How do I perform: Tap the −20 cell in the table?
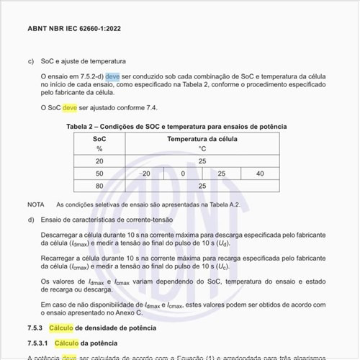point(145,174)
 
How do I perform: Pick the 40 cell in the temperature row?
point(259,174)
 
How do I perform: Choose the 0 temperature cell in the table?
point(183,174)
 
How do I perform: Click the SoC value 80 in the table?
point(99,186)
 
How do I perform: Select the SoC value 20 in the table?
point(99,161)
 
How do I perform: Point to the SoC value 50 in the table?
point(99,174)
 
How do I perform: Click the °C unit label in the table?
point(202,149)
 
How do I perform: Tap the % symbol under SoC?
point(99,149)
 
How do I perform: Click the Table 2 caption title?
point(176,126)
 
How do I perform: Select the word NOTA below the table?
point(36,204)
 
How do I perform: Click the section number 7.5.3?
point(37,328)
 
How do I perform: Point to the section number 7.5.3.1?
point(40,343)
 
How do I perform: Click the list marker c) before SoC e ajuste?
point(31,61)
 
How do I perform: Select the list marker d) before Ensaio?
point(31,220)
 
